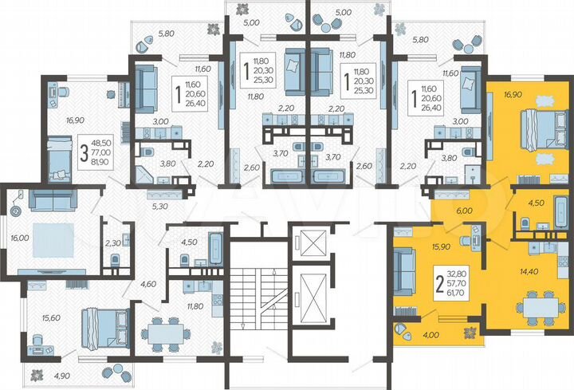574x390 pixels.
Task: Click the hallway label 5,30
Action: (159, 207)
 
